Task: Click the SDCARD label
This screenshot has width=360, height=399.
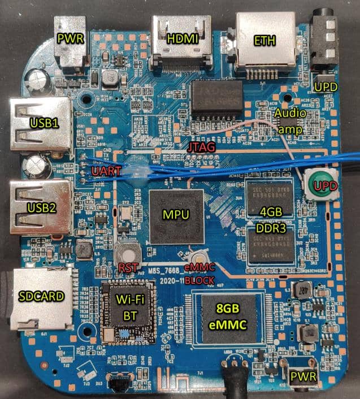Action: tap(41, 296)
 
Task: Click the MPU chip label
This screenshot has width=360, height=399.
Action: tap(175, 215)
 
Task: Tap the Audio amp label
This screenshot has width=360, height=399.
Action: tap(290, 120)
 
